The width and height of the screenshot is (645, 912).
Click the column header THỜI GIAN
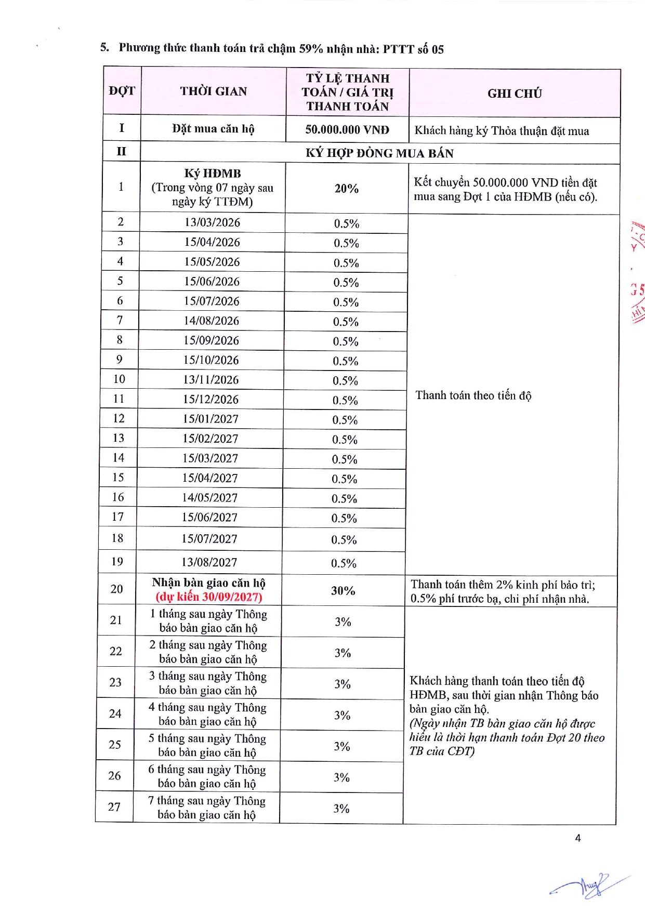click(x=213, y=91)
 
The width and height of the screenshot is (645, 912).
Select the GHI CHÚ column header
click(x=514, y=94)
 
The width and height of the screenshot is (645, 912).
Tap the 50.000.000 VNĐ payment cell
click(x=347, y=130)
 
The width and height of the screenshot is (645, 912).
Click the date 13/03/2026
click(x=212, y=222)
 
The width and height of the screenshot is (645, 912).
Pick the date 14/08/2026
click(x=211, y=321)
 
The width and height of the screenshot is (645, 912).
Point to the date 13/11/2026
click(x=210, y=380)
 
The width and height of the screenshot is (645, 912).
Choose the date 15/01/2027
click(x=210, y=419)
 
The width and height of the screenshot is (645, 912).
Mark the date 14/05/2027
click(x=209, y=498)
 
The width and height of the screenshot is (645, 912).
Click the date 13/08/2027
click(x=209, y=562)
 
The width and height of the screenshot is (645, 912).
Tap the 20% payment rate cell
click(x=346, y=189)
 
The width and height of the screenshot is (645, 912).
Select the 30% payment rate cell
click(x=343, y=591)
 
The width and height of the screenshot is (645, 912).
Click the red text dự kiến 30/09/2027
click(x=208, y=597)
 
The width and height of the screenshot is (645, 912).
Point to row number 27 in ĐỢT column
click(x=114, y=807)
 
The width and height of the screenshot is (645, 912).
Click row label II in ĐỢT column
click(x=121, y=152)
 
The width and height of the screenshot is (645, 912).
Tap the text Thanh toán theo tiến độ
click(x=473, y=395)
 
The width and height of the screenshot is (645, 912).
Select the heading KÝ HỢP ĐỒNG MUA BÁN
click(x=379, y=153)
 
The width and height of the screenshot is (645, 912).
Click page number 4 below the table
click(x=577, y=838)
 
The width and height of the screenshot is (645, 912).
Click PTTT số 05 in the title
click(x=413, y=49)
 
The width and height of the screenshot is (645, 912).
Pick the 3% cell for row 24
click(x=342, y=715)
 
